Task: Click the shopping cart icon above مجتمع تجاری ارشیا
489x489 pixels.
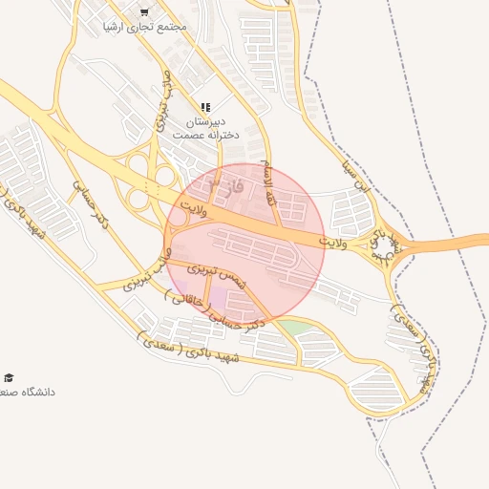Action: coord(144,12)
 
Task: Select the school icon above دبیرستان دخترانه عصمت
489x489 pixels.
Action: coord(205,108)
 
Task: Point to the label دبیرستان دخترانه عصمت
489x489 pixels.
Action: coord(204,129)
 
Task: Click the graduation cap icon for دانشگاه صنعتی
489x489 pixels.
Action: coord(9,378)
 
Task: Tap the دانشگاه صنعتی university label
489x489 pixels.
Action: coord(29,392)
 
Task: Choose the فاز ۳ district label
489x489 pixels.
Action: coord(226,182)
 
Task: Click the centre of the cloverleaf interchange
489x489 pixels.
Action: coord(146,182)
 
